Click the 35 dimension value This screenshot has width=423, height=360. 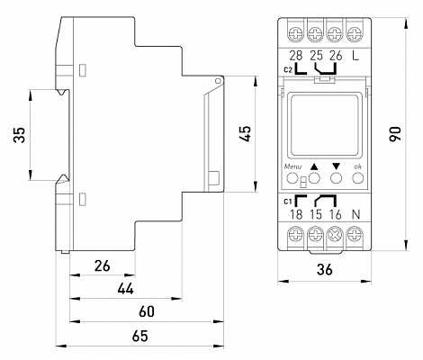tap(19, 135)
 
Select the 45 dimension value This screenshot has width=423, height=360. tap(245, 133)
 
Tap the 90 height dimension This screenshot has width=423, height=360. tap(395, 134)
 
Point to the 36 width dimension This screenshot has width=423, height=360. tap(325, 269)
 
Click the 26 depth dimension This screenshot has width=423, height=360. tap(103, 265)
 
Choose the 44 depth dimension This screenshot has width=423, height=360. tap(126, 289)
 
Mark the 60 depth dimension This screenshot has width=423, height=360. tap(147, 311)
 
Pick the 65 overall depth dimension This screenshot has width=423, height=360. tap(139, 336)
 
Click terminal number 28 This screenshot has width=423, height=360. tap(296, 56)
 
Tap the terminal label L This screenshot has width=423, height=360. tap(355, 56)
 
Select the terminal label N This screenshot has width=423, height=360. tap(355, 214)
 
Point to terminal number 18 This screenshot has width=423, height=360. tap(296, 214)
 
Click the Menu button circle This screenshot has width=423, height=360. tap(292, 178)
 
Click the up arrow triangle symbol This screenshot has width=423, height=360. tap(314, 166)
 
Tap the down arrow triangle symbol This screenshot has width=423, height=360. tap(336, 166)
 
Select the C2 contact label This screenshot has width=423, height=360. tap(288, 70)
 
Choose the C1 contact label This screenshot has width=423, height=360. tap(288, 202)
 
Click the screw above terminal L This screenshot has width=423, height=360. tap(355, 34)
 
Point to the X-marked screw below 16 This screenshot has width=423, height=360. tap(335, 234)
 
